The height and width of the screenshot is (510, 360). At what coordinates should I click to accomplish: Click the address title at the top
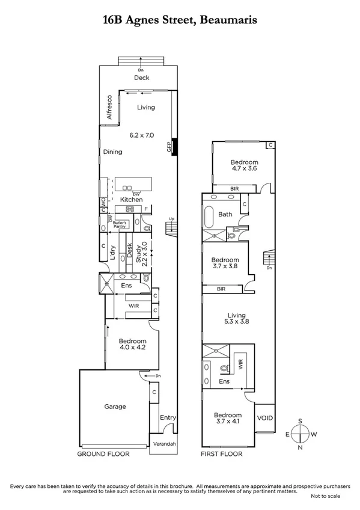coord(180,20)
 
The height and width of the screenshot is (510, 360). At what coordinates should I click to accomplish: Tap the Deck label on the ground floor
coord(141,78)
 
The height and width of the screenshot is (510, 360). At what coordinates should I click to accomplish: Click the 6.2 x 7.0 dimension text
coord(142,135)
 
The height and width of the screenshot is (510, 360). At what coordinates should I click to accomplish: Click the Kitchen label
coord(131,200)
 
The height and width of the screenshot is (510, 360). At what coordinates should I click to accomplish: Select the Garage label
coord(115,407)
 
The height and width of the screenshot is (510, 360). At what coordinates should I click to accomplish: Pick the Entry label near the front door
coord(168,417)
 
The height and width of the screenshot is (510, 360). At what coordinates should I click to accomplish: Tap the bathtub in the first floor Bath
coord(209,214)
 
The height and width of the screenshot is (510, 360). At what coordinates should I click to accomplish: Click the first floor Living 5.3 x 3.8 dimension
coord(237,321)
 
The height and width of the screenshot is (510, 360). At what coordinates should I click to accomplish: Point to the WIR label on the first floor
coord(240,364)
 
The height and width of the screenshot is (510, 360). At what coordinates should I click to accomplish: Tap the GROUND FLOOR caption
coord(103,454)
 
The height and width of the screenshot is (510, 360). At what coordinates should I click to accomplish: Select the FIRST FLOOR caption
coord(221,454)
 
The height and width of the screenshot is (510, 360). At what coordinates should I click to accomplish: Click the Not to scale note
coord(325,497)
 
